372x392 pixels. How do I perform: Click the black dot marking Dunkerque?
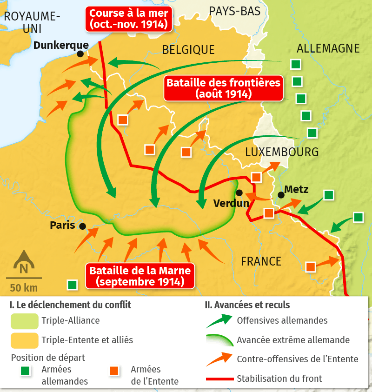pyautogui.click(x=80, y=54)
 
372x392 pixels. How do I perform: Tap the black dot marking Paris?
pyautogui.click(x=82, y=226)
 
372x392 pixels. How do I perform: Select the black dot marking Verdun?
pyautogui.click(x=239, y=193)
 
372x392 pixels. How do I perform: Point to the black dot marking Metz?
pyautogui.click(x=281, y=195)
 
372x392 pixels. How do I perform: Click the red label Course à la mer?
pyautogui.click(x=129, y=19)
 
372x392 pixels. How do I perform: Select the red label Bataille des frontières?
pyautogui.click(x=223, y=88)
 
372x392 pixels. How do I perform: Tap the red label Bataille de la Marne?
pyautogui.click(x=140, y=276)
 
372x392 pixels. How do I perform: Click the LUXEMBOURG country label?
pyautogui.click(x=282, y=152)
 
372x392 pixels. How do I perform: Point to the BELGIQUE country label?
pyautogui.click(x=188, y=50)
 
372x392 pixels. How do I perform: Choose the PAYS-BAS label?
pyautogui.click(x=234, y=11)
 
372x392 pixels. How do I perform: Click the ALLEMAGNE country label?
pyautogui.click(x=328, y=48)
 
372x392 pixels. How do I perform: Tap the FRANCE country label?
pyautogui.click(x=261, y=261)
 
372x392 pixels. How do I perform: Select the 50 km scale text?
pyautogui.click(x=23, y=288)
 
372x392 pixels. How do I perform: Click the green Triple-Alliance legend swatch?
pyautogui.click(x=24, y=321)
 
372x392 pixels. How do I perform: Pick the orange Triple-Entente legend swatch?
pyautogui.click(x=24, y=340)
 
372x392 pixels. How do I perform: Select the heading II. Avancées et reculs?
pyautogui.click(x=247, y=305)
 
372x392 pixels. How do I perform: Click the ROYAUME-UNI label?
pyautogui.click(x=32, y=22)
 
